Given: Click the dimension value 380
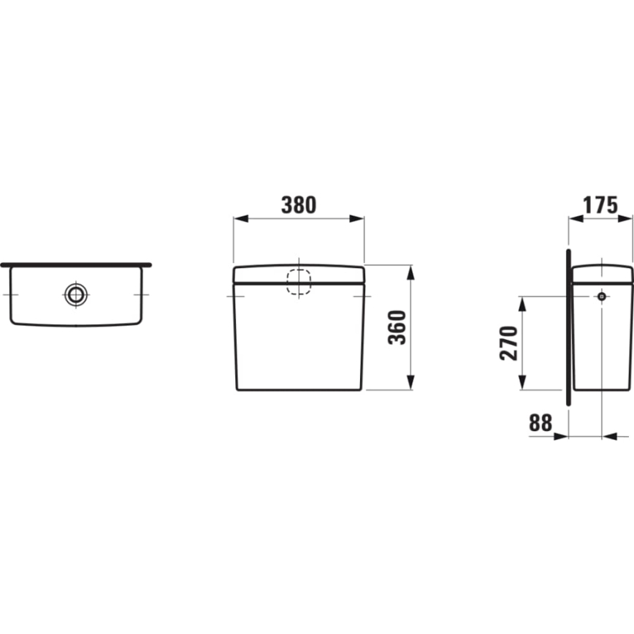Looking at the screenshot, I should coord(299,205).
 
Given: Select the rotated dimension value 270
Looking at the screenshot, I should coord(508,343).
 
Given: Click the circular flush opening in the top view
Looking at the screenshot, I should coord(75,294).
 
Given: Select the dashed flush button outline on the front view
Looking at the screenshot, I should coord(299,283).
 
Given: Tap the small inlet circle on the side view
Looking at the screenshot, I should coord(601,296).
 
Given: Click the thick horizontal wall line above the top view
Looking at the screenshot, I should coord(76,264).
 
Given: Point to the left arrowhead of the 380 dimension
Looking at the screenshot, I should coord(240,218).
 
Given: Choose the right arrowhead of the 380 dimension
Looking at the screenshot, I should coord(357,218).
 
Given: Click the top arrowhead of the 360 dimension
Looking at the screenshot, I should coord(410,272).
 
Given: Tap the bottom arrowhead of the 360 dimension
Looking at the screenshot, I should coord(410,383).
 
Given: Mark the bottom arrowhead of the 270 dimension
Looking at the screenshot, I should coord(522,383).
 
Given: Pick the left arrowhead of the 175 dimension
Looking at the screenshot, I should coord(575,218).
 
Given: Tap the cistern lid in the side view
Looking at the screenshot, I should coord(601,272).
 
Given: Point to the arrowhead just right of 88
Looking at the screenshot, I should coord(560,436).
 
